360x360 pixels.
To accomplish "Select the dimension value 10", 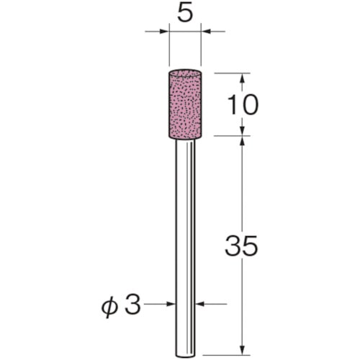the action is pyautogui.click(x=243, y=104).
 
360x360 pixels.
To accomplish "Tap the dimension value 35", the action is pyautogui.click(x=241, y=246).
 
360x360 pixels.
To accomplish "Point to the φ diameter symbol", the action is pyautogui.click(x=109, y=307).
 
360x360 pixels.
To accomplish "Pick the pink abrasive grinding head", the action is pyautogui.click(x=185, y=104).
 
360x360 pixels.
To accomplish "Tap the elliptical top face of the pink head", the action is pyautogui.click(x=185, y=73).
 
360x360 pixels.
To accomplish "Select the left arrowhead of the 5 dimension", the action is pyautogui.click(x=164, y=31).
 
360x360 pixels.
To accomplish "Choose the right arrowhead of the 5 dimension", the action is pyautogui.click(x=206, y=31).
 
